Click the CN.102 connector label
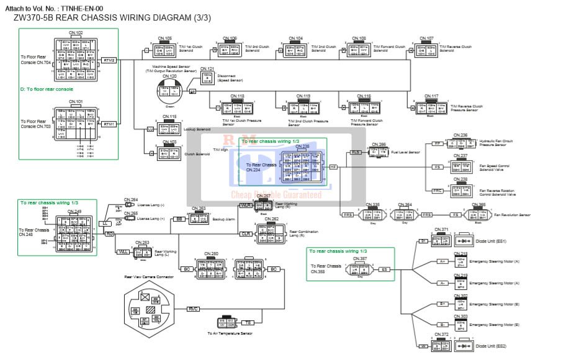[76, 32]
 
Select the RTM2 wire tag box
[109, 60]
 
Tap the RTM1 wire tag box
[109, 124]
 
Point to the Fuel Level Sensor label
[406, 152]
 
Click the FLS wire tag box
[356, 152]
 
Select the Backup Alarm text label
[223, 220]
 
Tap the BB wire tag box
[179, 219]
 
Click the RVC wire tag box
[192, 308]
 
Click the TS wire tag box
[248, 323]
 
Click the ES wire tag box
[385, 269]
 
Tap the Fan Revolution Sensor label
[513, 215]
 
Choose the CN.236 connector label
[460, 135]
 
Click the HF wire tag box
[333, 167]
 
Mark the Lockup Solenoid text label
[198, 129]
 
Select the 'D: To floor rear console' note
[47, 89]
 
